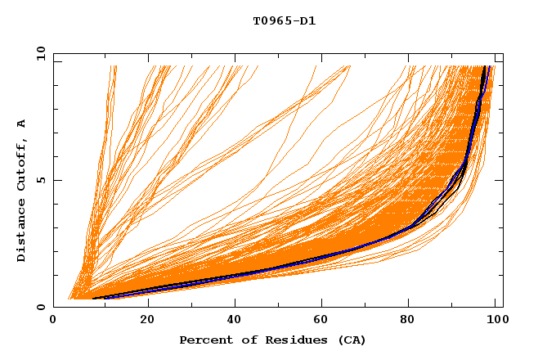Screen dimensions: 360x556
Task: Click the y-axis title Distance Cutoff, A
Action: (22, 190)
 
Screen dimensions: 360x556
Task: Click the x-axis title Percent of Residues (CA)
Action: (272, 340)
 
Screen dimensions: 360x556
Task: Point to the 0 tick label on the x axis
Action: (53, 321)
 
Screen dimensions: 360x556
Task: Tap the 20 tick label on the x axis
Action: (147, 321)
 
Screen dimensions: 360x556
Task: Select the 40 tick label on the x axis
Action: (235, 321)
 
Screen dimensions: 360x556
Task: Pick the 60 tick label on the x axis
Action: (324, 321)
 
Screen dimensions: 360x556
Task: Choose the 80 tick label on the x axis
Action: (412, 321)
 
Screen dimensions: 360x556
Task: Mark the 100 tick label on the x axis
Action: (495, 321)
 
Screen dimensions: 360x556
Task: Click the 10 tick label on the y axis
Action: (40, 53)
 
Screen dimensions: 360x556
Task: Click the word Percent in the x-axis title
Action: (203, 340)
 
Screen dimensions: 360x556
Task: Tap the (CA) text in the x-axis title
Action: (350, 340)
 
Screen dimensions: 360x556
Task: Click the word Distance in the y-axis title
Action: (22, 233)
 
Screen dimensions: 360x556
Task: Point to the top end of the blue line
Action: (486, 68)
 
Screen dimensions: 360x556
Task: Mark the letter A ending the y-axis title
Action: (22, 124)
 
